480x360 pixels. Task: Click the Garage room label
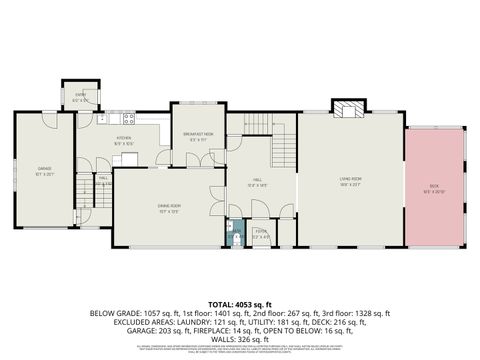pos(43,171)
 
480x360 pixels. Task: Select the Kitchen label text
pos(124,140)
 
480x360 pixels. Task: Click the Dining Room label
pos(169,208)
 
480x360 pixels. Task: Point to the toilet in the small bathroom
pos(234,239)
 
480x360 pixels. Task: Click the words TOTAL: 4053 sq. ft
pos(240,302)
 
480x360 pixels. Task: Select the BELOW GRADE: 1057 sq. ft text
pos(125,312)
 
